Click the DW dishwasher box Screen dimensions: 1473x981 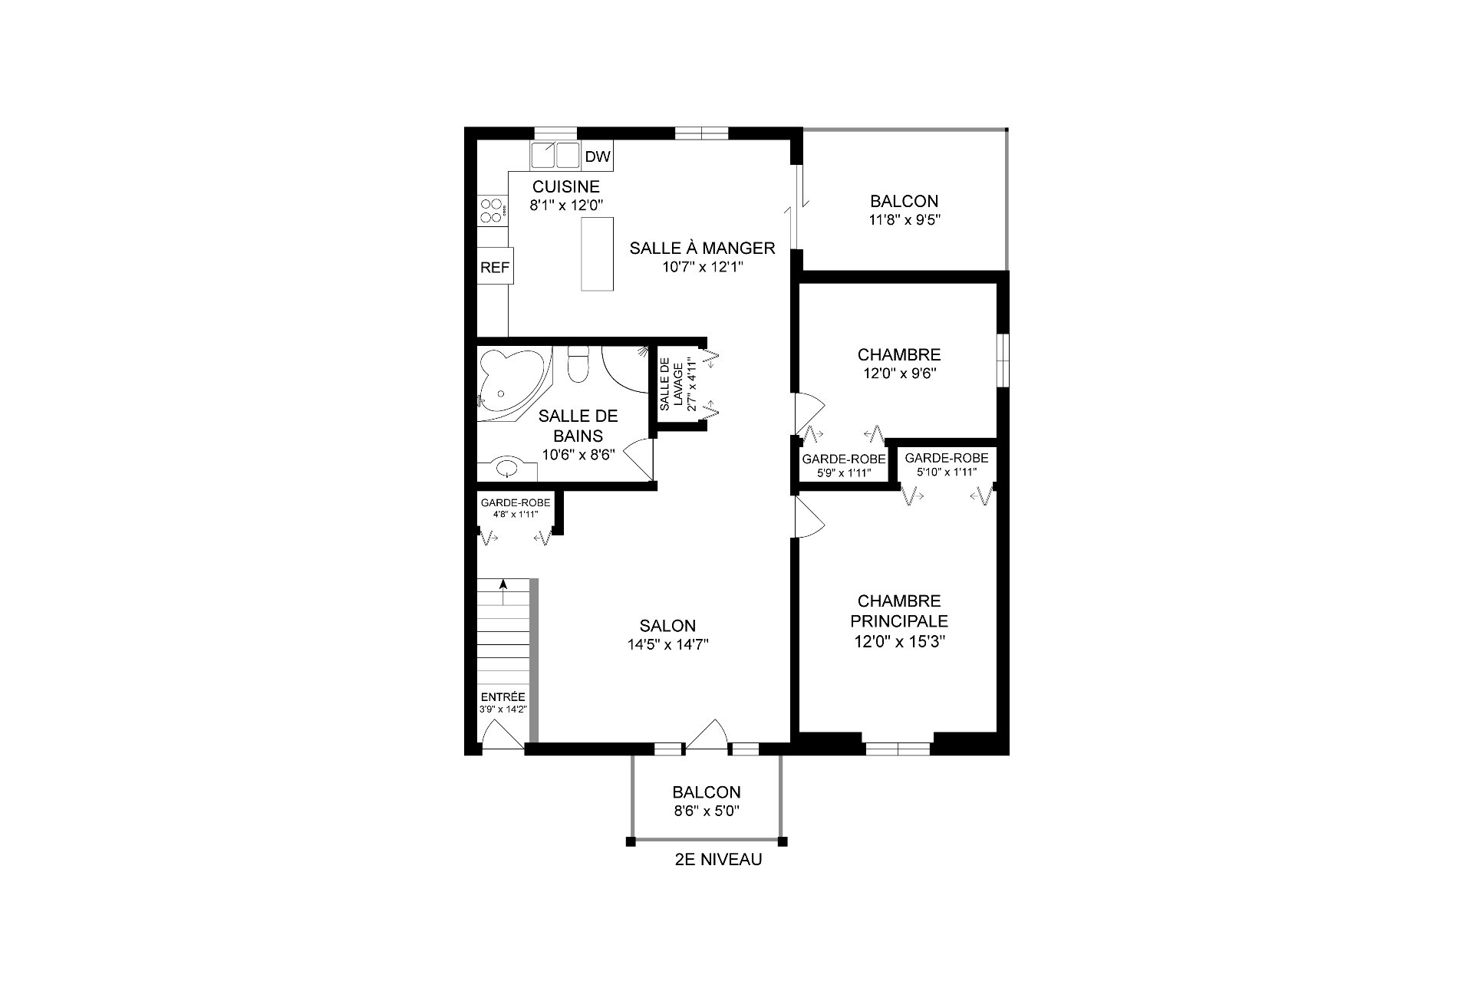click(x=598, y=156)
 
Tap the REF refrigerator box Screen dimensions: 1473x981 click(x=495, y=268)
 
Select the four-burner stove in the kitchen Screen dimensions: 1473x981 click(x=493, y=211)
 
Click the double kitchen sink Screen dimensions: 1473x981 click(x=555, y=156)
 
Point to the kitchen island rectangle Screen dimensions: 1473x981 click(x=597, y=254)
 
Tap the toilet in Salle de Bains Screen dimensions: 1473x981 click(x=577, y=364)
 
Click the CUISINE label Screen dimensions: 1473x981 click(x=566, y=186)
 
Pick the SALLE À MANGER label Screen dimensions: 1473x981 click(x=702, y=248)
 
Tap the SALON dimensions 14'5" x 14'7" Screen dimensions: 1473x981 click(x=667, y=645)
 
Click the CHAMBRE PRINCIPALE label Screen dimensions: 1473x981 click(x=899, y=611)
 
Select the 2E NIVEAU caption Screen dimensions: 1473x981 click(x=718, y=860)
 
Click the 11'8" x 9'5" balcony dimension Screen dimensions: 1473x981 click(x=904, y=220)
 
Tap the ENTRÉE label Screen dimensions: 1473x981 click(x=503, y=697)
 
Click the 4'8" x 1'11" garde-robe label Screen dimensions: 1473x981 click(x=516, y=515)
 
